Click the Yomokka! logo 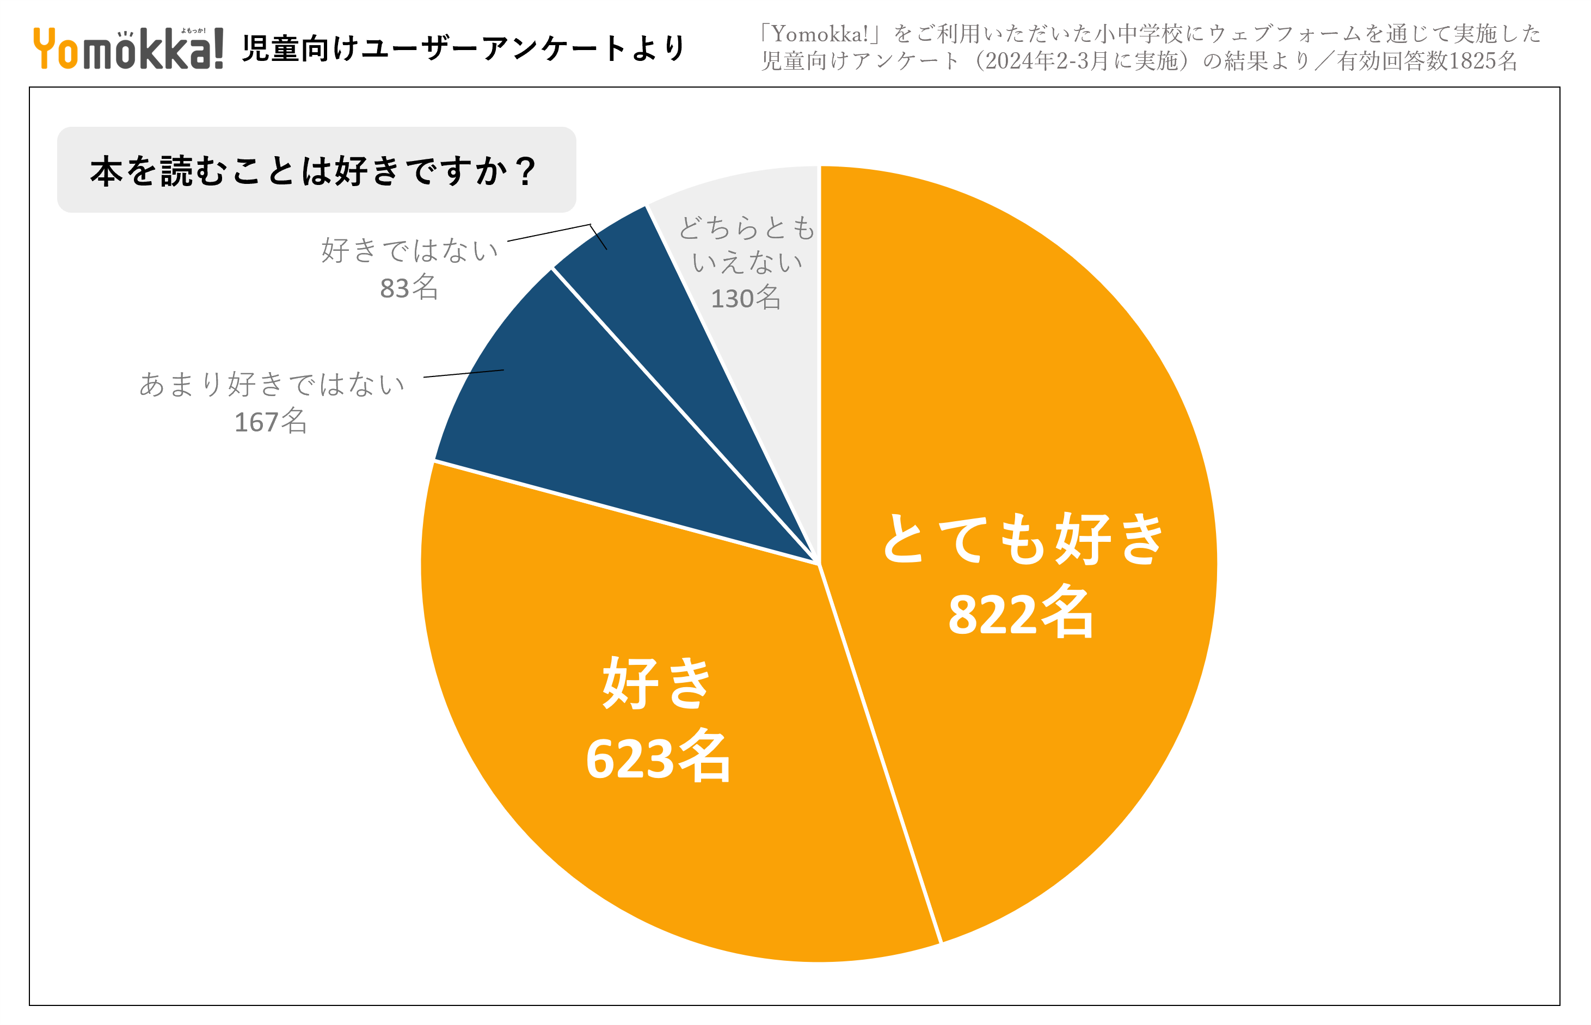coord(128,48)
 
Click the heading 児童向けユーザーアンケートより coord(463,48)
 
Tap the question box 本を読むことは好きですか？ coord(316,170)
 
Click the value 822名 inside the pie coord(1020,613)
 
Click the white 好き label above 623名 coord(658,682)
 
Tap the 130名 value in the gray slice coord(746,298)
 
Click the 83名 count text coord(409,287)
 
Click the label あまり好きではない coord(272,384)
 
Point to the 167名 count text coord(271,421)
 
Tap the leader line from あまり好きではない coord(463,373)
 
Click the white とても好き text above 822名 coord(1022,539)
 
